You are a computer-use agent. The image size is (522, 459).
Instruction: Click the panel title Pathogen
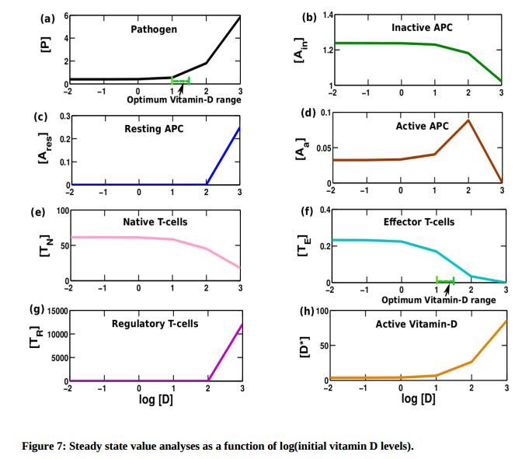[154, 30]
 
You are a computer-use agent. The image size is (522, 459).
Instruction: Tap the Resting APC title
[154, 128]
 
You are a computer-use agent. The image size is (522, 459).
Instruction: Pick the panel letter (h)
[307, 311]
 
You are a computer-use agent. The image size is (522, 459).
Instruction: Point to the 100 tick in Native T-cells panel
[61, 211]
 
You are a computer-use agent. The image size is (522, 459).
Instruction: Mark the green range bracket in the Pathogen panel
[180, 81]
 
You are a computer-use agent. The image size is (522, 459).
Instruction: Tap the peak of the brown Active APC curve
[468, 120]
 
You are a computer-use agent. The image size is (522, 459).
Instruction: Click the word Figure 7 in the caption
[43, 446]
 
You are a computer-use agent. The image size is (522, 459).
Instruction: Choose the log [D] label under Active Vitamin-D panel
[418, 398]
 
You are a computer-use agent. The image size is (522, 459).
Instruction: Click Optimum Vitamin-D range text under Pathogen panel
[184, 99]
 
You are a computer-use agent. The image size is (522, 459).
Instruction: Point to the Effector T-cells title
[419, 222]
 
